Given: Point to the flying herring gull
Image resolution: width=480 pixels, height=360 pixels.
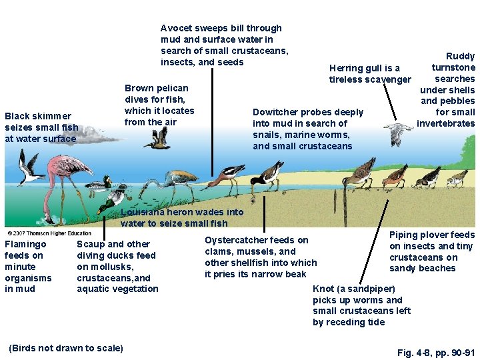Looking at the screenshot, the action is coord(399,133).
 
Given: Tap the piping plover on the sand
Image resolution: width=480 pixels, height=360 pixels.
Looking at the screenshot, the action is coord(457,178).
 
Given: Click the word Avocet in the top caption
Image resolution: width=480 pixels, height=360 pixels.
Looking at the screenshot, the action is coord(176,28).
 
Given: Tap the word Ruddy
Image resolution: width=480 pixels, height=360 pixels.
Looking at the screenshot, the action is coord(461,56).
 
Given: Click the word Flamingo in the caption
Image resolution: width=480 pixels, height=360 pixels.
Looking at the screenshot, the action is coord(25,244).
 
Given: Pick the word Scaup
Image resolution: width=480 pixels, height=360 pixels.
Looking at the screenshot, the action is coord(91,244).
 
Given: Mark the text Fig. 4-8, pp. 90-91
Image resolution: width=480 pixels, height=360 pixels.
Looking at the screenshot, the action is coord(435,352).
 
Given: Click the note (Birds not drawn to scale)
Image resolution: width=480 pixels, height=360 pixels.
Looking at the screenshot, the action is coord(65,348).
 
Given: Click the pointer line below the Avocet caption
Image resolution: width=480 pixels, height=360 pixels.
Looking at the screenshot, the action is coord(212,120).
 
